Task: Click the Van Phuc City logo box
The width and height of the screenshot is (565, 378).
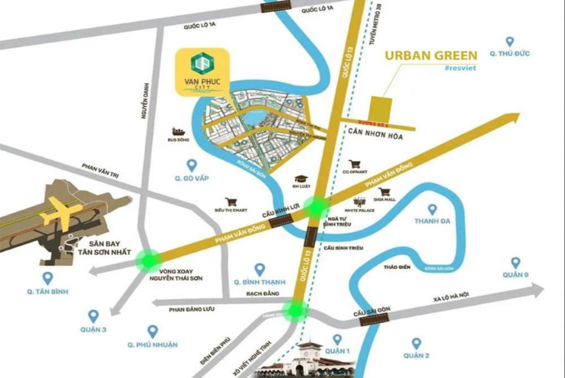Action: [202, 71]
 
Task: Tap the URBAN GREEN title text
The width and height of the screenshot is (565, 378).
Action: [431, 56]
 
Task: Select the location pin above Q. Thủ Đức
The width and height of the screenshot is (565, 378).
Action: [510, 42]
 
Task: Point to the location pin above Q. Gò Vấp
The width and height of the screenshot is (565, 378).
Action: [192, 165]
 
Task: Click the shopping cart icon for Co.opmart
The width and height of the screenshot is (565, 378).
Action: [355, 164]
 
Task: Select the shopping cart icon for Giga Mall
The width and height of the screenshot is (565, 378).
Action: [383, 192]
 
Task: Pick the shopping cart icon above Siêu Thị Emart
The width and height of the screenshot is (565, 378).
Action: [231, 202]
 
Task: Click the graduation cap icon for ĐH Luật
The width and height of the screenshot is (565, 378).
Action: [300, 179]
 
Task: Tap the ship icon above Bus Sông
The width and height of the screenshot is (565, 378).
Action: [178, 131]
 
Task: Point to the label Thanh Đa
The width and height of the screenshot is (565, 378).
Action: [432, 221]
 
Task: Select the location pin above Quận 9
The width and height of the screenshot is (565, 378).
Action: [515, 263]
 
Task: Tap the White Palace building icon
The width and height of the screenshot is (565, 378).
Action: [359, 202]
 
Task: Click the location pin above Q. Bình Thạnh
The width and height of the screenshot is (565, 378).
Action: [259, 269]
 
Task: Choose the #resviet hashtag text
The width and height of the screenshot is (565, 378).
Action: [460, 68]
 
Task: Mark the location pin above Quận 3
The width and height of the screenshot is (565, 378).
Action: [93, 316]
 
